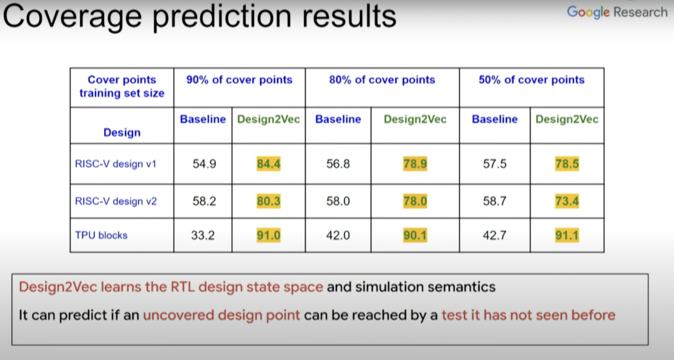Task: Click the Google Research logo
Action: (617, 12)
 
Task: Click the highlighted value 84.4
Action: (268, 163)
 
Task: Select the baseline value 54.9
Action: (204, 163)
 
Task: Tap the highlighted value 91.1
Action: (567, 235)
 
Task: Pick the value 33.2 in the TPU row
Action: (203, 235)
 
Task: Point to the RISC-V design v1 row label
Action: (115, 163)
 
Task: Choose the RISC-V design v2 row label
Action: (116, 201)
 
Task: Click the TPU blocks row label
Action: (102, 235)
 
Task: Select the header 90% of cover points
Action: (239, 80)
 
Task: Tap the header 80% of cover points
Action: (382, 80)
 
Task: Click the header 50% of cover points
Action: (532, 80)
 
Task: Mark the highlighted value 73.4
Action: (567, 201)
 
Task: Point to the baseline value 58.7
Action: (495, 201)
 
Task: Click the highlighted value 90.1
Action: (415, 235)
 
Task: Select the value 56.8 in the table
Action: (338, 163)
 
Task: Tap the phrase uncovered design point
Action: (222, 315)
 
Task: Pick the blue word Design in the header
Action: (122, 132)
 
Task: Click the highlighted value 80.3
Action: (268, 201)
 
